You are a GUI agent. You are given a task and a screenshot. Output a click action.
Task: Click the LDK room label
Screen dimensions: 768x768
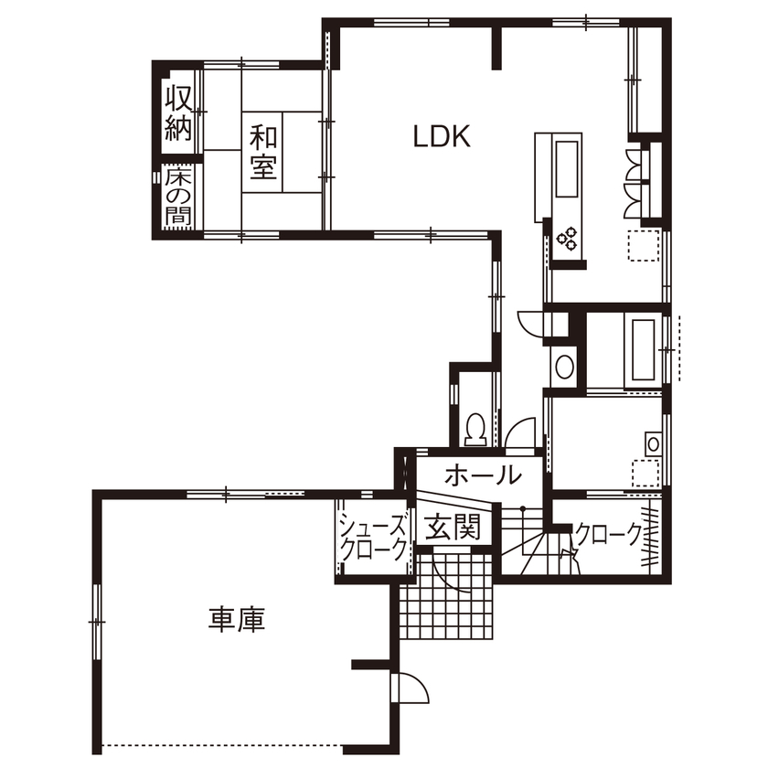click(441, 137)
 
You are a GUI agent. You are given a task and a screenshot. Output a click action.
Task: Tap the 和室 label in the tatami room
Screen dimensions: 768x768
click(264, 153)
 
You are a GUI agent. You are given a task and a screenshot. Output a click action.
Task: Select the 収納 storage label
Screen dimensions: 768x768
click(178, 112)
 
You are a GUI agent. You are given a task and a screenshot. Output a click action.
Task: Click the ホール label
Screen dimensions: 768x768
click(484, 475)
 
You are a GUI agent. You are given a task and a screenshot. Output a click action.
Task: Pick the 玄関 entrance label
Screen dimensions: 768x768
click(452, 528)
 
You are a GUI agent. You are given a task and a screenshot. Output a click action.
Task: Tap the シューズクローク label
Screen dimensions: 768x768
click(372, 538)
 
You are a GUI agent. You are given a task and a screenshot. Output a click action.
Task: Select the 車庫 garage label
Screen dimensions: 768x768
click(237, 620)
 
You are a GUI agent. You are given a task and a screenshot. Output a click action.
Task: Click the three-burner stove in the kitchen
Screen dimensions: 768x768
click(567, 239)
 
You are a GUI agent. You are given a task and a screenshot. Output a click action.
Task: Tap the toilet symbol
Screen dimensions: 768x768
click(475, 428)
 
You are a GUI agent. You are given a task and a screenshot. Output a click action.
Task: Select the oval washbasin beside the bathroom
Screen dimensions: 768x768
click(563, 368)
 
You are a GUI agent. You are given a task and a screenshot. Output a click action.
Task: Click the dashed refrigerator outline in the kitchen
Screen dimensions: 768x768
click(643, 246)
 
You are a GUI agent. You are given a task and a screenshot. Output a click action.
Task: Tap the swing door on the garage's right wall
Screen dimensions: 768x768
click(410, 686)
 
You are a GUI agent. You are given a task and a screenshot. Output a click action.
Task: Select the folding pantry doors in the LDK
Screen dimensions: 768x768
click(634, 183)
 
